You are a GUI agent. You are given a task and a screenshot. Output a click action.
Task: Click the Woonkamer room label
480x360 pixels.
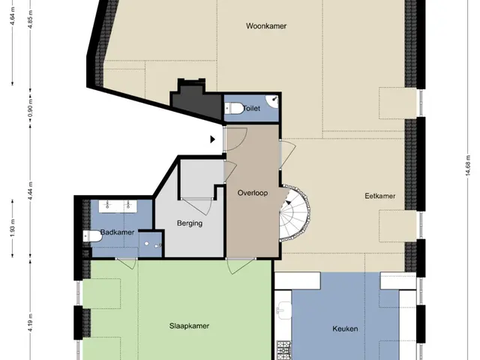coord(266,25)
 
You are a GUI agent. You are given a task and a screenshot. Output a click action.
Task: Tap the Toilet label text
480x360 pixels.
coord(252,108)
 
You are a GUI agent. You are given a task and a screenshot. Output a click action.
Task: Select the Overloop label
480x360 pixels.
coord(253,193)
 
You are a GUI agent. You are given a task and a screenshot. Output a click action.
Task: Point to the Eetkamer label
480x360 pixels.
coord(380,196)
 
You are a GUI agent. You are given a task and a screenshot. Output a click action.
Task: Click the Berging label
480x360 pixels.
coord(190,223)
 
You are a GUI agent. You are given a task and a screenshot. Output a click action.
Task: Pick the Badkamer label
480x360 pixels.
coord(117,232)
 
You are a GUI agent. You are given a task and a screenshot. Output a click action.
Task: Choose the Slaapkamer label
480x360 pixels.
coord(189,325)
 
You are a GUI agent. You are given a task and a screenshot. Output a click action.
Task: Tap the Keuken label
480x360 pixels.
coord(345,328)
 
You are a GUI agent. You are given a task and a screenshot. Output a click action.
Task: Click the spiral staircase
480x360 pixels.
coord(295,213)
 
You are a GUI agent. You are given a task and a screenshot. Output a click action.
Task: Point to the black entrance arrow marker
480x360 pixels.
coord(212,139)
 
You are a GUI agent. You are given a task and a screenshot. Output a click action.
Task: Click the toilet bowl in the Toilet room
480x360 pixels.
coord(234,108)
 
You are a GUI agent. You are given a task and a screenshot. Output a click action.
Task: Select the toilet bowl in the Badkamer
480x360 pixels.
coord(92,236)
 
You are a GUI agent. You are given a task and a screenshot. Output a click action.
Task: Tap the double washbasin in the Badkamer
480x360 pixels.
coord(118,205)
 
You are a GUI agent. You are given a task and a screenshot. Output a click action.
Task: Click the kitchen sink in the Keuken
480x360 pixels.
coord(284,310)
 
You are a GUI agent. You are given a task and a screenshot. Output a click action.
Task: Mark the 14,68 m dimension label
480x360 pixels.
coord(467,166)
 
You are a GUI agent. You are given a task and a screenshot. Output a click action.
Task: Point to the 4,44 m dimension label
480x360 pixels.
coord(30,191)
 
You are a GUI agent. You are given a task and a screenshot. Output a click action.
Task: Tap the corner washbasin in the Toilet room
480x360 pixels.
coord(272,101)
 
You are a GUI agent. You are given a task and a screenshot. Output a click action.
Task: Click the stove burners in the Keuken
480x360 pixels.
coord(283,350)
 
